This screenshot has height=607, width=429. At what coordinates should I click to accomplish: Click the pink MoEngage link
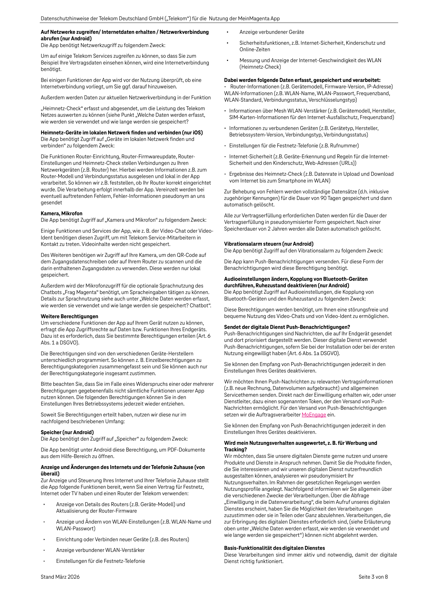[314, 415]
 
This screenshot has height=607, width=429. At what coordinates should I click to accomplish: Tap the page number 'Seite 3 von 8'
[373, 577]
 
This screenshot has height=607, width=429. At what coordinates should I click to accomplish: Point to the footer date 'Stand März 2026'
[60, 577]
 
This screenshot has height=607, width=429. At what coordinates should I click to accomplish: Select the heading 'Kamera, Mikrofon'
[61, 213]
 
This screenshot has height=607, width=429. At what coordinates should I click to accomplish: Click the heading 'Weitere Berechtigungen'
[69, 316]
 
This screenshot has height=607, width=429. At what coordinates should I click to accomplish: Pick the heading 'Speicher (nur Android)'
[67, 432]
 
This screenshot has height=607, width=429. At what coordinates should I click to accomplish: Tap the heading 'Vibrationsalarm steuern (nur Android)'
[269, 244]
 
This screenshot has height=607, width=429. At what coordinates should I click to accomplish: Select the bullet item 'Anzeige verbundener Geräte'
[272, 32]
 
